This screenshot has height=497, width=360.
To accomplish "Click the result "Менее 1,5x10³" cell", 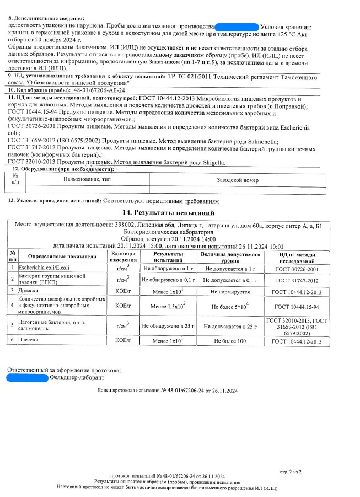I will pos(168,305).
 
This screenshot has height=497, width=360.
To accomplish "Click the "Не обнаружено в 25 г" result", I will pos(168,326).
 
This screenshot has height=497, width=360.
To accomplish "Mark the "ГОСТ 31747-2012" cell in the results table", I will pos(297,280).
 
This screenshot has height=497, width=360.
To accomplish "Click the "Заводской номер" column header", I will pos(237,180).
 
